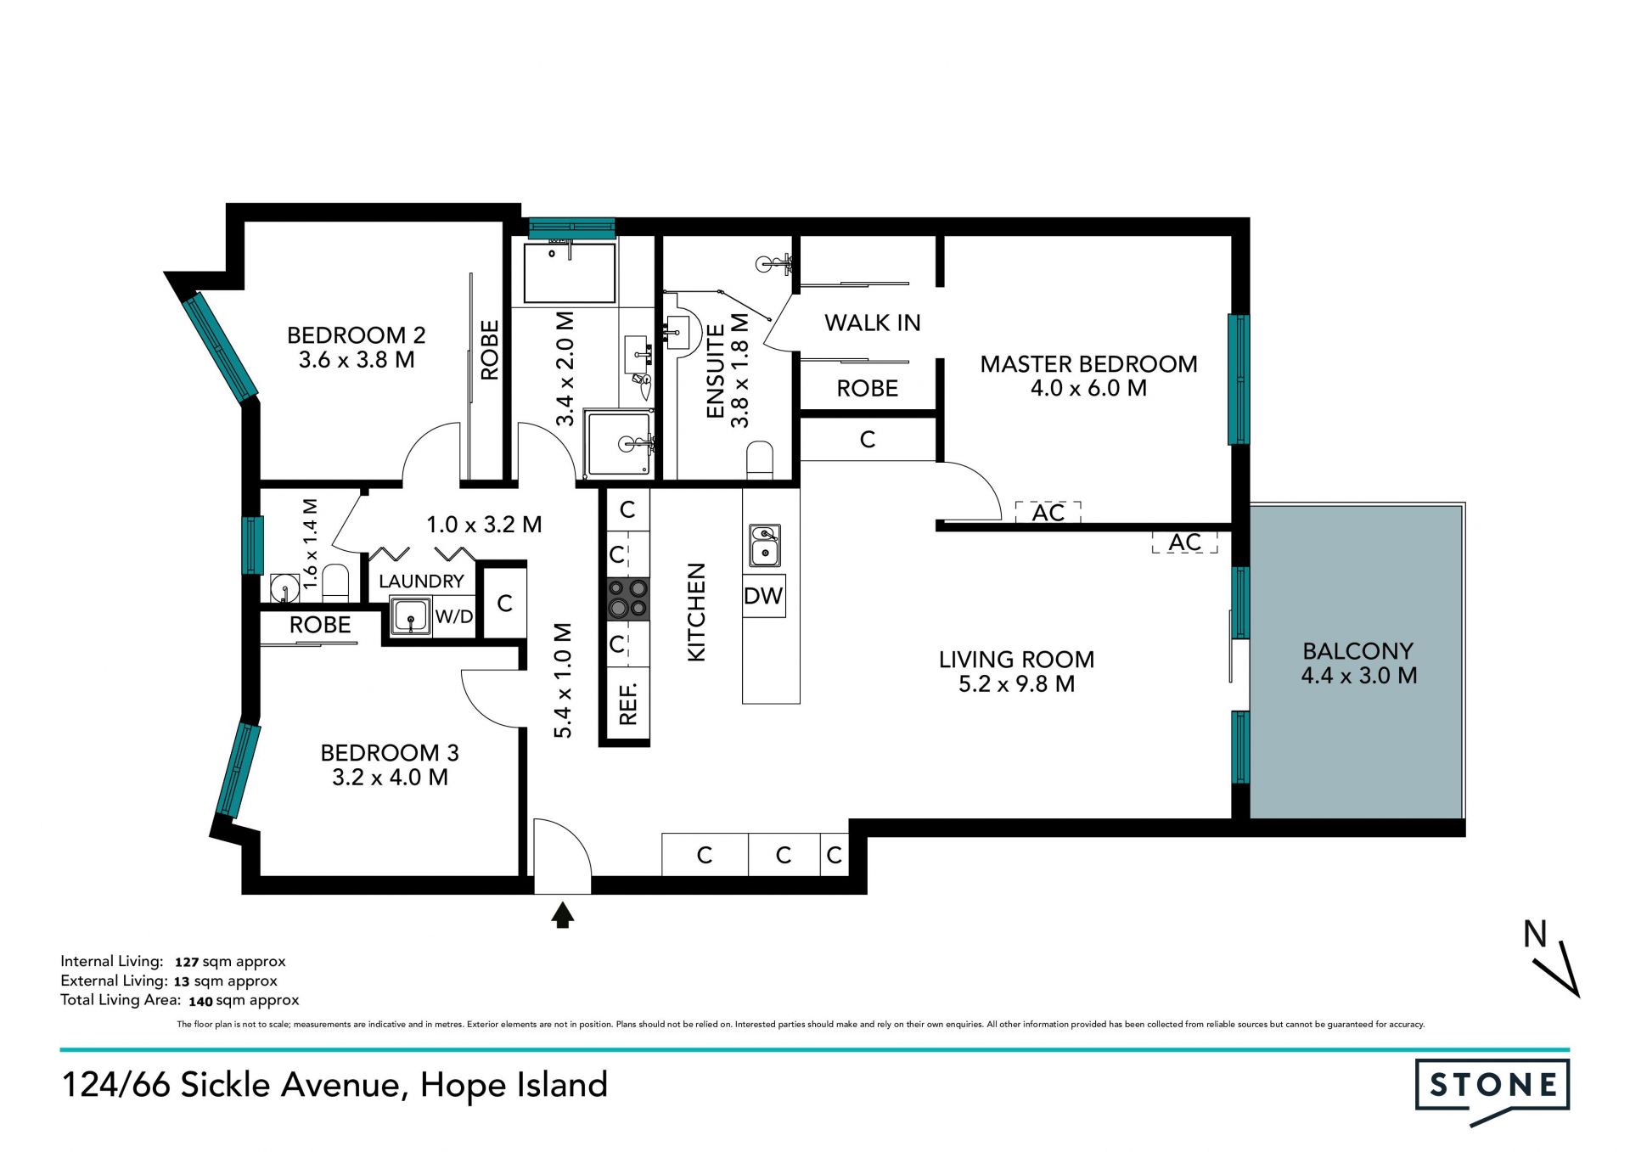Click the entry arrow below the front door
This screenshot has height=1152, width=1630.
(x=563, y=914)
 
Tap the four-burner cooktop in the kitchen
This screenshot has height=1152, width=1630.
(x=627, y=598)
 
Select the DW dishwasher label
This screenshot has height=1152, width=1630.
(x=763, y=596)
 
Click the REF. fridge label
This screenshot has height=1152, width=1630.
(x=628, y=703)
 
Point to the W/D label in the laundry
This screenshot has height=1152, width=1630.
(x=454, y=616)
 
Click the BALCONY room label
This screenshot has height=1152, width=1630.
(x=1358, y=651)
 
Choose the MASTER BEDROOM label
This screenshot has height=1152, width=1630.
(x=1089, y=364)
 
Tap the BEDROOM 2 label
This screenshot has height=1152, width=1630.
(x=357, y=335)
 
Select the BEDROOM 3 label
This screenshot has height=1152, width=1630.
(x=390, y=753)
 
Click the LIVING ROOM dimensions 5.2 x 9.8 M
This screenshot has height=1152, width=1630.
(x=1017, y=684)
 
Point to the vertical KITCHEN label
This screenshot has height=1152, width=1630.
(x=696, y=612)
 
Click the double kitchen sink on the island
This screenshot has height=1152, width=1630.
(x=764, y=545)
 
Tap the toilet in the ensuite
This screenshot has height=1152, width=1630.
(x=760, y=460)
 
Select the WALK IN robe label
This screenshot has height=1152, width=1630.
(x=873, y=323)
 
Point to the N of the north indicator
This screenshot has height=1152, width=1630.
(x=1535, y=934)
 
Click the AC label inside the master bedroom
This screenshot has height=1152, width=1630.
(x=1048, y=513)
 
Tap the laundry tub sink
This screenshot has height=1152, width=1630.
(x=411, y=616)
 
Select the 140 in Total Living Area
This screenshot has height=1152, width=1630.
(x=200, y=1001)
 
